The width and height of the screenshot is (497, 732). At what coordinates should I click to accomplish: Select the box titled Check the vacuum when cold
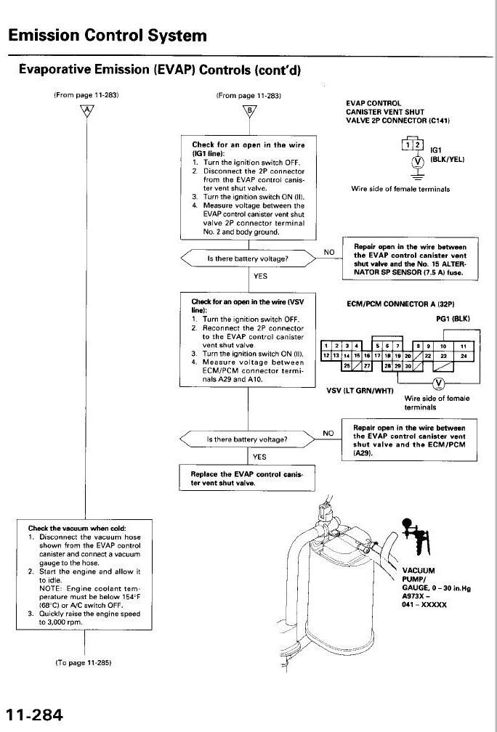85,576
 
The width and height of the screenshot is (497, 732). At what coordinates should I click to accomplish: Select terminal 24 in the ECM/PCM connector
463,356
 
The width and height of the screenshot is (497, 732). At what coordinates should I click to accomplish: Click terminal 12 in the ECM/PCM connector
327,356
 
